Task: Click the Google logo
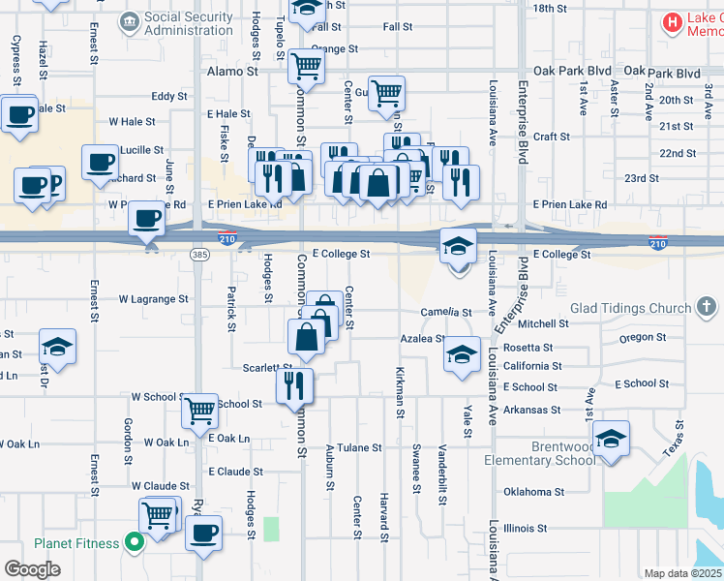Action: pos(32,569)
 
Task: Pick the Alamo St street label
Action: pos(232,72)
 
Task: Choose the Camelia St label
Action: pos(446,313)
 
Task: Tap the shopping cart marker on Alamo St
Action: pos(306,66)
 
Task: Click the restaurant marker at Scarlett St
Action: pos(295,384)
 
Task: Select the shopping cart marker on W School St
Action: pos(200,411)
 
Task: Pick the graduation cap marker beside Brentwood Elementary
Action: pos(612,439)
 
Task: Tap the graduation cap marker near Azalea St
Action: pos(463,353)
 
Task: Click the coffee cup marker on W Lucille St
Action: pos(100,162)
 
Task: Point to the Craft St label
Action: pos(551,138)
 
